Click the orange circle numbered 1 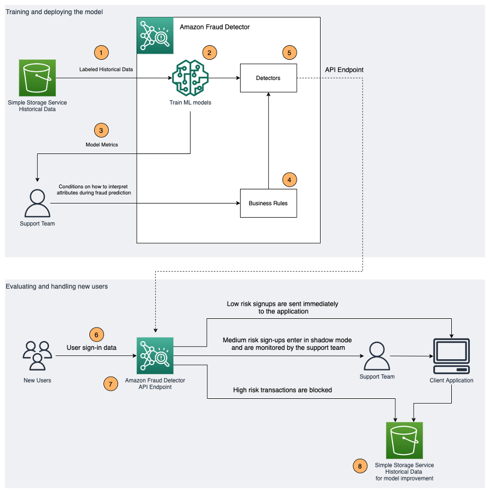(x=101, y=53)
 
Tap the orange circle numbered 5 (x=290, y=53)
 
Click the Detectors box (x=268, y=78)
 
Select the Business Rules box (x=268, y=203)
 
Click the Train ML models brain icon (x=190, y=78)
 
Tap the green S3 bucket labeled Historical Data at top (x=37, y=78)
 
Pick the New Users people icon (x=37, y=356)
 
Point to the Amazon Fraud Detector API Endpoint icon (x=155, y=355)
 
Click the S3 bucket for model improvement (x=404, y=440)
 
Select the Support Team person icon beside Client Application (x=377, y=356)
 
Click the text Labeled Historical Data (x=106, y=69)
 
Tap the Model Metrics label (x=101, y=145)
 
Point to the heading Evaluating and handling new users (x=57, y=286)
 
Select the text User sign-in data (x=91, y=347)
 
